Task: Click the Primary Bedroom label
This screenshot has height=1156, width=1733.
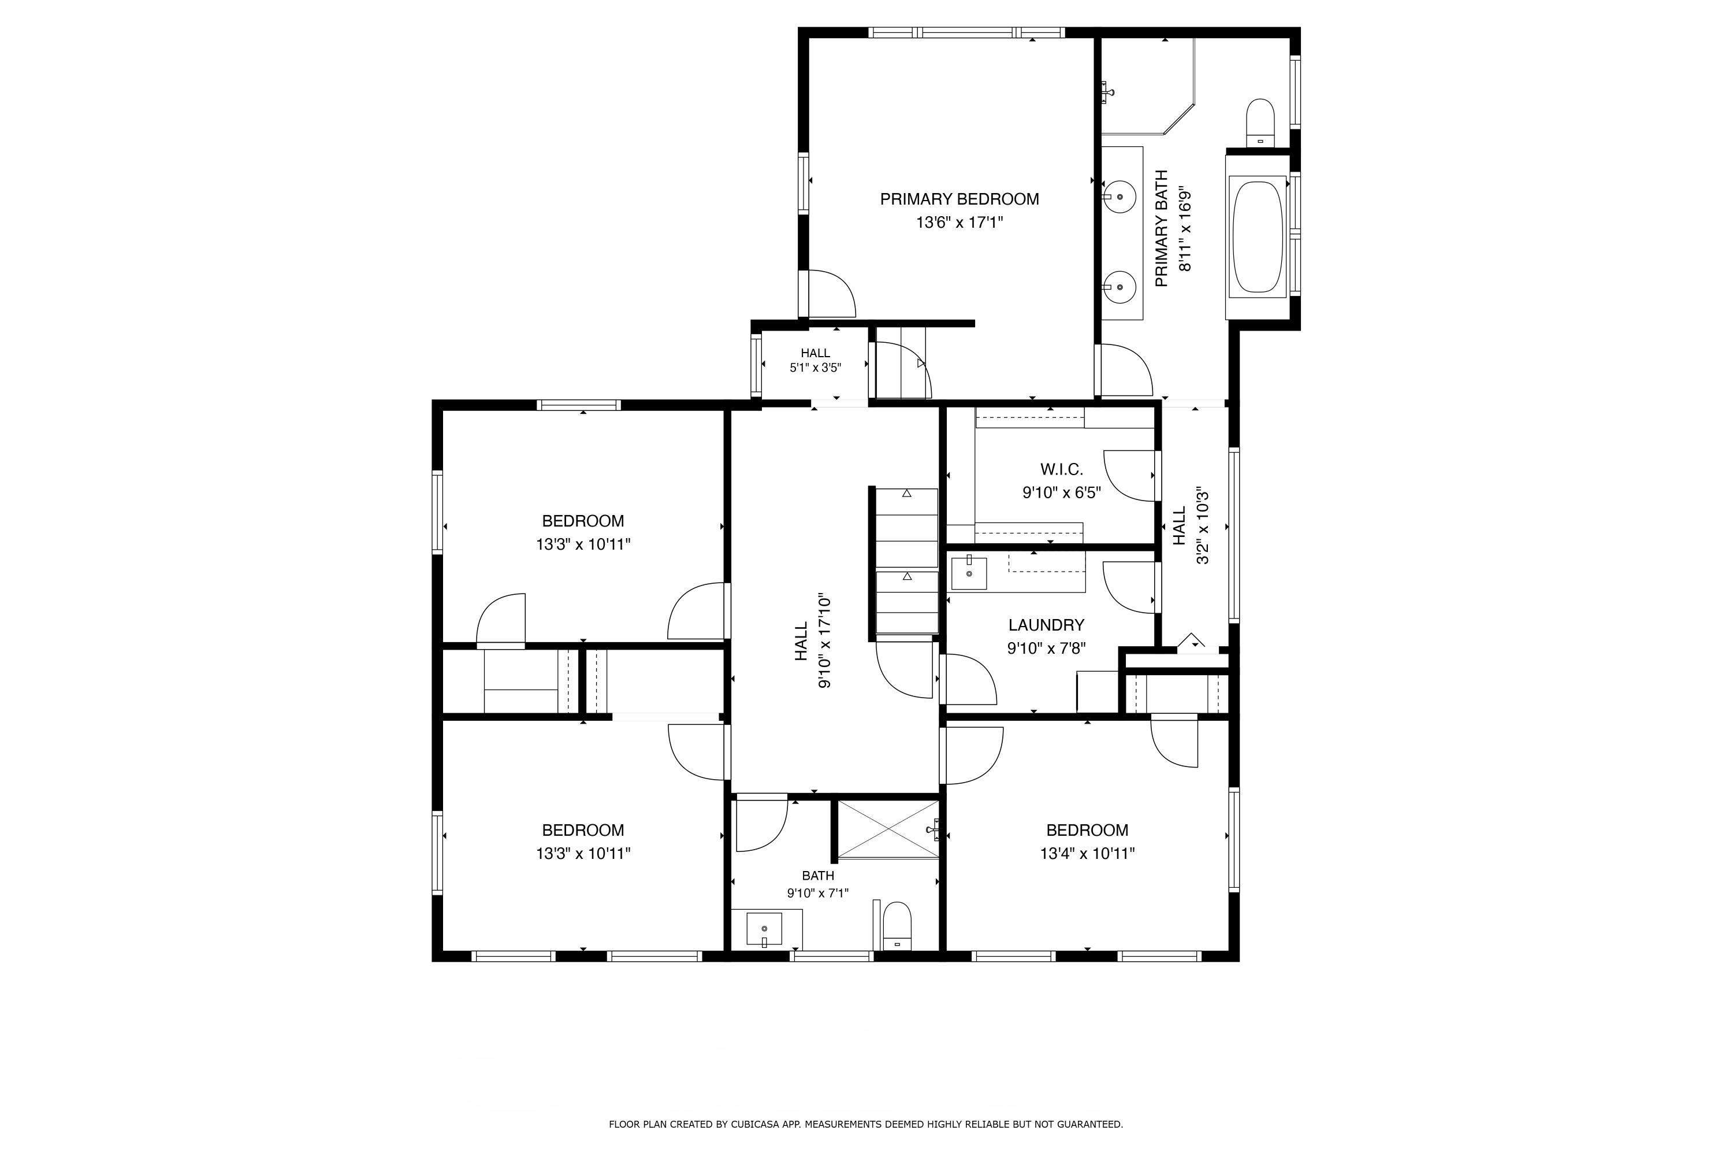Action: coord(960,199)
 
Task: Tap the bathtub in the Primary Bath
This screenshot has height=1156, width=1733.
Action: coord(1258,236)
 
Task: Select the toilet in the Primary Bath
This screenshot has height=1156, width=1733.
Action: coord(1260,123)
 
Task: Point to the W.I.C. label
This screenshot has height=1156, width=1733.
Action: coord(1062,469)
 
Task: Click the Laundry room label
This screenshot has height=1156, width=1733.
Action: coord(1046,625)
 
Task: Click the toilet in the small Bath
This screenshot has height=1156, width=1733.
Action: coord(897,926)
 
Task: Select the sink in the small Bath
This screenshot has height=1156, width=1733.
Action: coord(764,929)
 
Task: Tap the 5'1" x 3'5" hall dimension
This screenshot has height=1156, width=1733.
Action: coord(816,367)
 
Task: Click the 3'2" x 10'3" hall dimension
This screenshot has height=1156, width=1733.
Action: coord(1203,525)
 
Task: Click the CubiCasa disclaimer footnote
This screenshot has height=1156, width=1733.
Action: coord(866,1124)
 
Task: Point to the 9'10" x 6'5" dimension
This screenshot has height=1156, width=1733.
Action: coord(1062,492)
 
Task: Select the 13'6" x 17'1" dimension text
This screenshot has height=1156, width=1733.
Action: coord(960,223)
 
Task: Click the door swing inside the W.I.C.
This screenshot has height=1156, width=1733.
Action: coord(1128,476)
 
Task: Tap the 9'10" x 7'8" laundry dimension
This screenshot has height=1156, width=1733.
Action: coord(1046,649)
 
